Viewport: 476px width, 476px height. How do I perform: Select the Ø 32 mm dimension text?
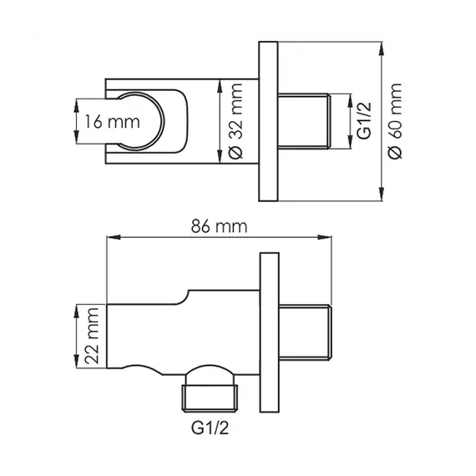click(x=235, y=122)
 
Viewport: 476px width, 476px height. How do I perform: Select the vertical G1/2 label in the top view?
click(x=362, y=122)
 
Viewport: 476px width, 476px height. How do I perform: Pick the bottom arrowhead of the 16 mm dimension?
click(x=77, y=144)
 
